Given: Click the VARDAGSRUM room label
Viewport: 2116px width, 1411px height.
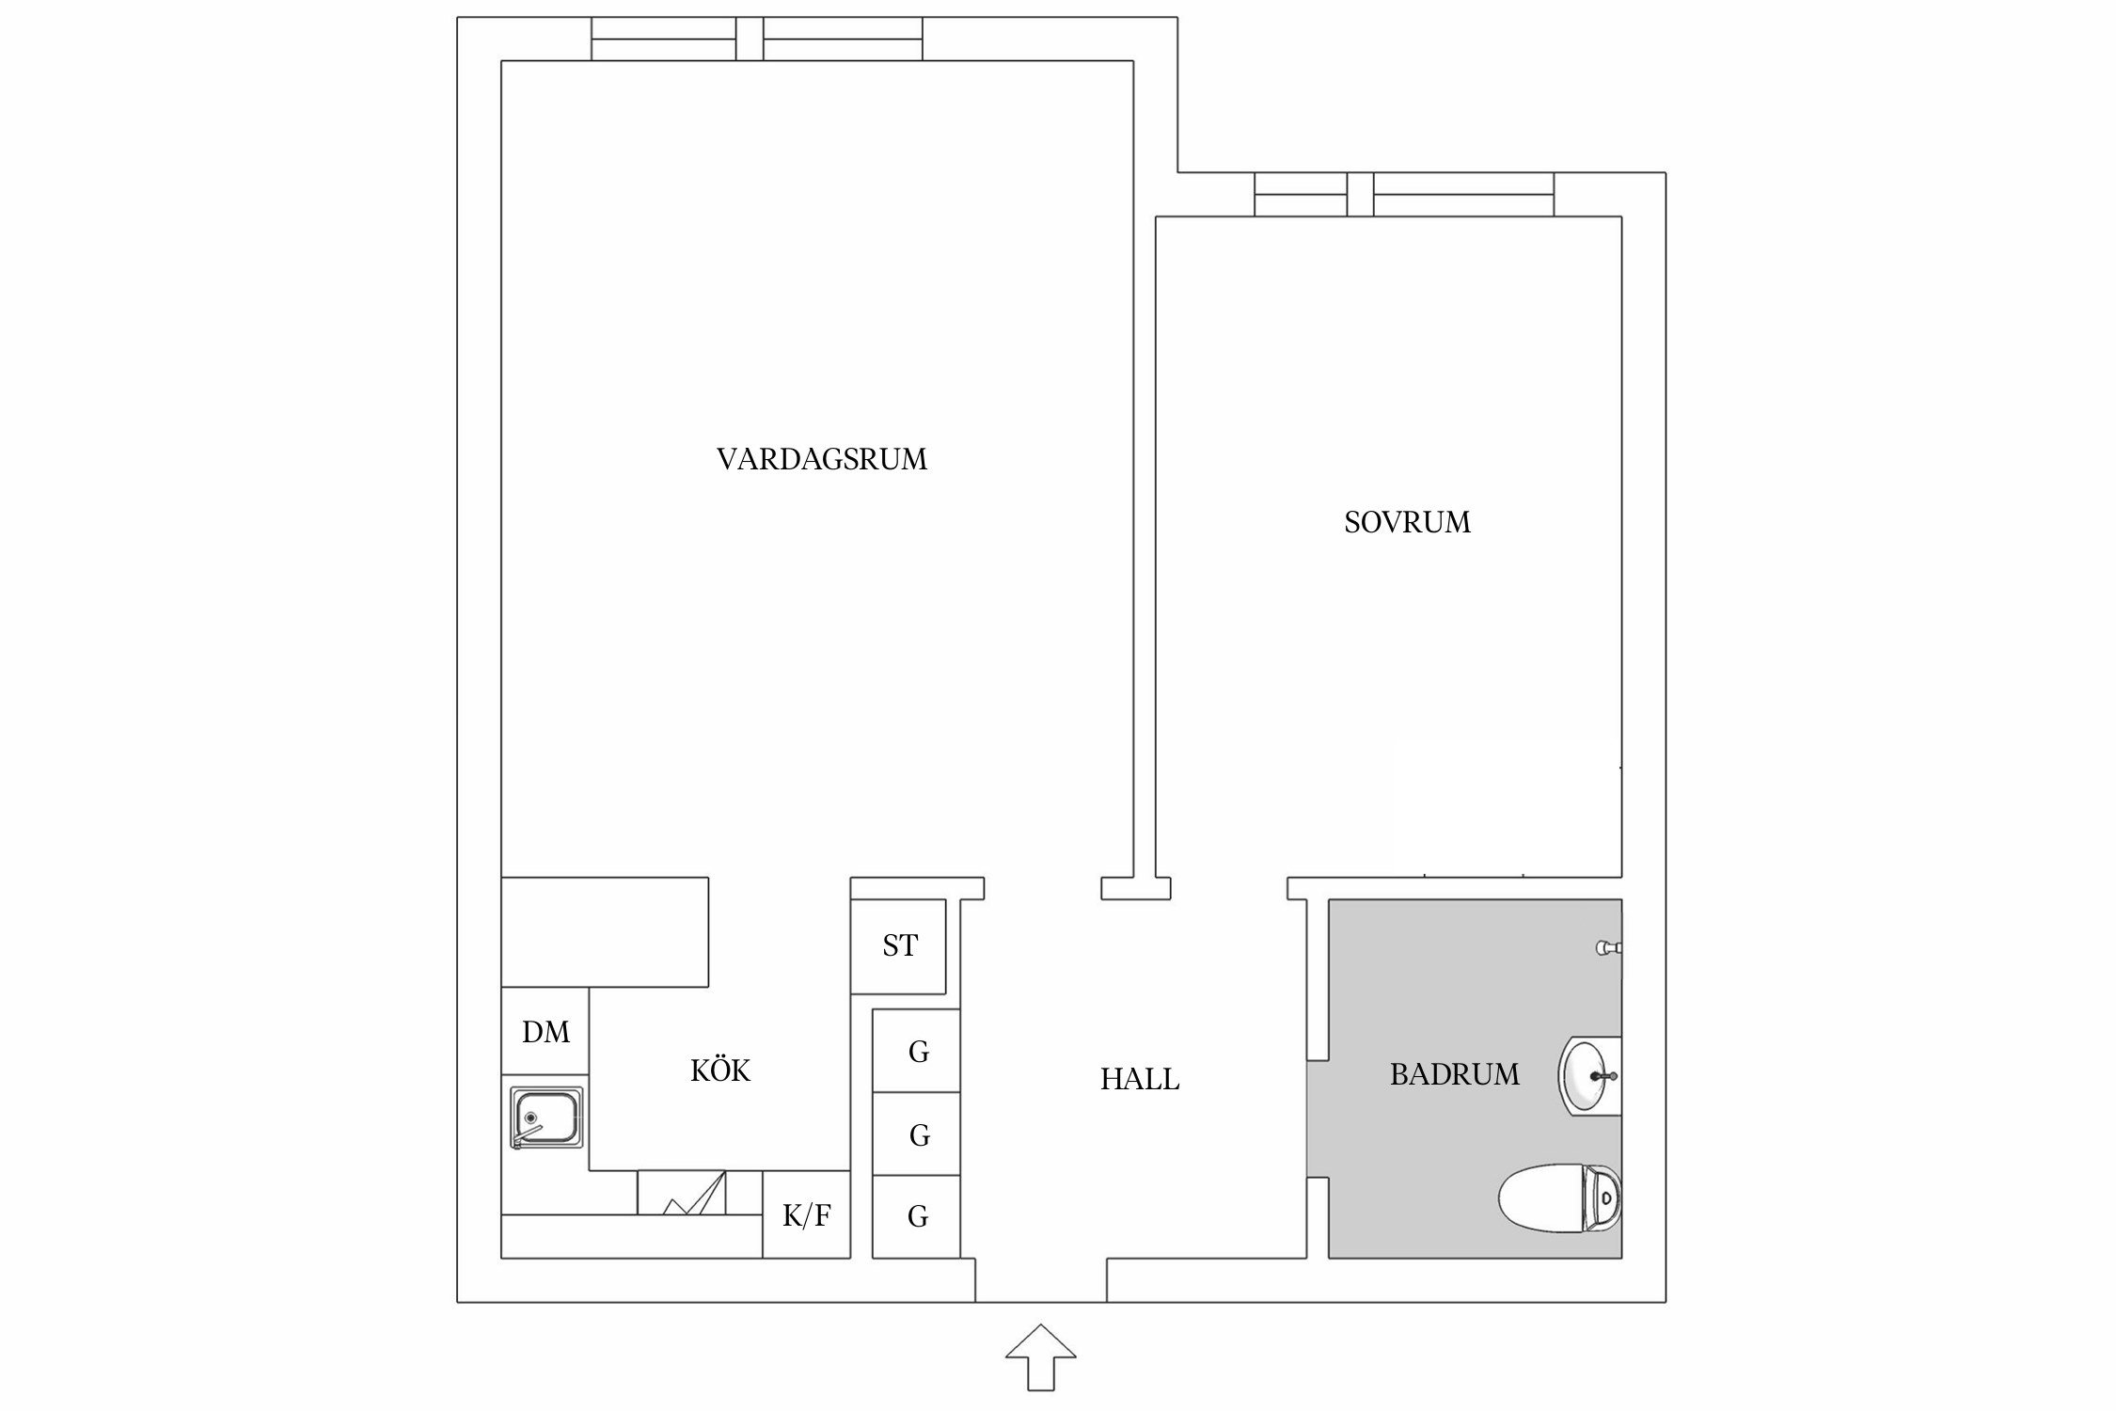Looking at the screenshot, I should click(x=821, y=459).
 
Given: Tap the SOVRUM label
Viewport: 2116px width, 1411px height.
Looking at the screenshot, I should click(x=1407, y=522).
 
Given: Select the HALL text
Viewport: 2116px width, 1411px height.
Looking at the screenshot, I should click(x=1140, y=1079).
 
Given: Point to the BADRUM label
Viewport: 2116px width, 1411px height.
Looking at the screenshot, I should click(x=1454, y=1074).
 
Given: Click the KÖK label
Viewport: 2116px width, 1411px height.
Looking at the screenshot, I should click(x=720, y=1070).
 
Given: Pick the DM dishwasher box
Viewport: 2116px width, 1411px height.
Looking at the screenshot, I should click(x=545, y=1032).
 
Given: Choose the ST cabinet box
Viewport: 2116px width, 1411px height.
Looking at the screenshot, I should click(x=898, y=946).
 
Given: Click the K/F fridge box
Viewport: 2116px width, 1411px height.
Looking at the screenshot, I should click(x=806, y=1215).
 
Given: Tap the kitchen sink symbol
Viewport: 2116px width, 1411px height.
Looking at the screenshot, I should click(x=546, y=1118).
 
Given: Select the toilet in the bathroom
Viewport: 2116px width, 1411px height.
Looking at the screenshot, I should click(x=1559, y=1197).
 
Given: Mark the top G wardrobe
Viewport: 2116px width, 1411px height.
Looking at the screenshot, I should click(x=917, y=1051).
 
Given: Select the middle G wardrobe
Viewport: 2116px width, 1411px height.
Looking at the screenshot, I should click(x=917, y=1134).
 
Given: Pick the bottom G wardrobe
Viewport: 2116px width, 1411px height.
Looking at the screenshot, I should click(x=917, y=1216).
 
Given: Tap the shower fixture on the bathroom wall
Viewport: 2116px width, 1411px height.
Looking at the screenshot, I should click(x=1609, y=948).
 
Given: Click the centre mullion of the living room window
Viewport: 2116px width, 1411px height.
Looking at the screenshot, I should click(x=749, y=39).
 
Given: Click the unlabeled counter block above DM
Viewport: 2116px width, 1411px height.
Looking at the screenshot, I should click(x=604, y=931).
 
